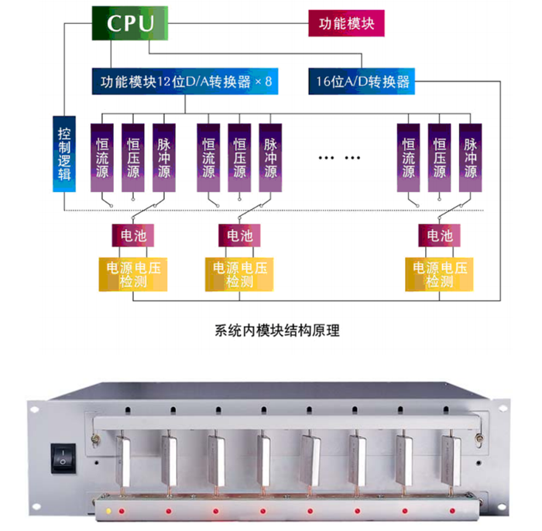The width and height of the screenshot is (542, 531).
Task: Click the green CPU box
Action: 130,23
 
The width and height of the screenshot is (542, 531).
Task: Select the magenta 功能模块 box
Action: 346,23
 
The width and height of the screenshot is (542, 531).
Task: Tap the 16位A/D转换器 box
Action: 362,81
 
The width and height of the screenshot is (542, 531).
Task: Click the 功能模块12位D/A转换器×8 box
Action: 185,81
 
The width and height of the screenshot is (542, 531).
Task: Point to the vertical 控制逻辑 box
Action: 64,154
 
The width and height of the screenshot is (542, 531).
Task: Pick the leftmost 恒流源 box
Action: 102,158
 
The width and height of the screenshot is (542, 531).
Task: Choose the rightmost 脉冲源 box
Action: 471,158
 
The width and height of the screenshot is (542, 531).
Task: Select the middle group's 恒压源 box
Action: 239,158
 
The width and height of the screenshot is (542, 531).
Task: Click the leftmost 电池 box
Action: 133,235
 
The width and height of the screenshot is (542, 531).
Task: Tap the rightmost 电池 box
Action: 439,235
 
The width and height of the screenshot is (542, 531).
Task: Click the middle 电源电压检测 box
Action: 239,274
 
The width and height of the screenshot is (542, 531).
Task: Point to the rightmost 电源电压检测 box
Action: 439,274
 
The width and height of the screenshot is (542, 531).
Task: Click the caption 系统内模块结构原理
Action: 277,331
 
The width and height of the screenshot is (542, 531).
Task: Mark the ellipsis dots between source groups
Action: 339,158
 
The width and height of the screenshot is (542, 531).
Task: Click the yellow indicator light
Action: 108,511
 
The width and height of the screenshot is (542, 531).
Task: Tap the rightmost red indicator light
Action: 452,511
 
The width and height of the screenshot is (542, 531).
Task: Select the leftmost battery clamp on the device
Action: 122,461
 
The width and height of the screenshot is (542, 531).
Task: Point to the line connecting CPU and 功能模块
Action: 238,23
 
